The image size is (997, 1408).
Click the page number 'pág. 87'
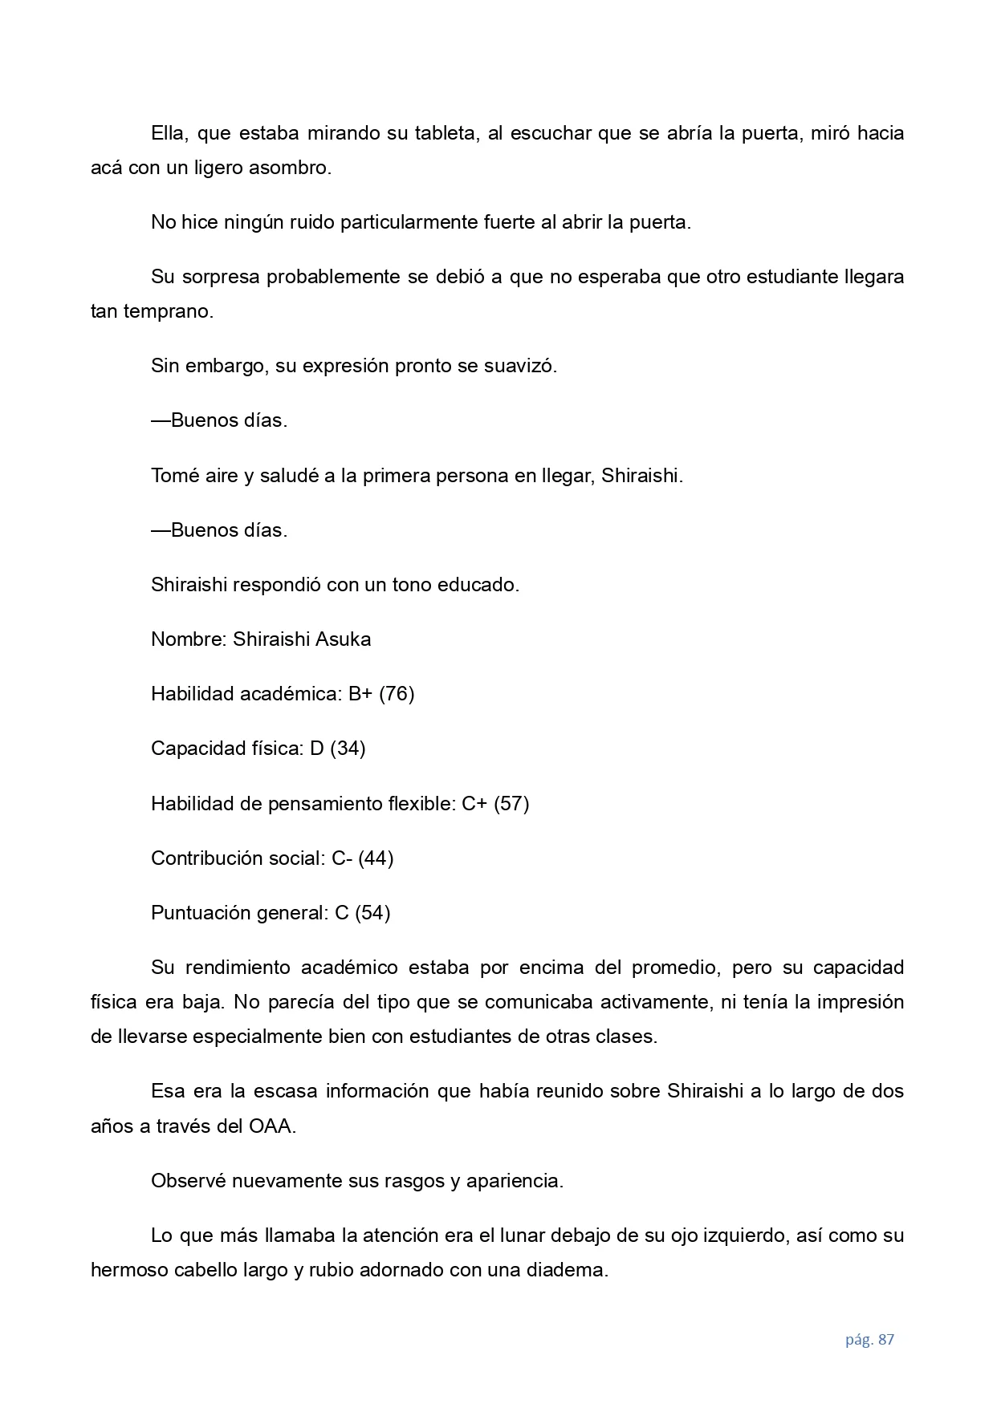tap(869, 1339)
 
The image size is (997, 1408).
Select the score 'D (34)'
tap(337, 749)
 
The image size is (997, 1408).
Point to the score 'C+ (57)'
tap(495, 803)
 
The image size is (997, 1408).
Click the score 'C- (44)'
tap(362, 858)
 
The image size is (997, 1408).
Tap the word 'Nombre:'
tap(189, 639)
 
